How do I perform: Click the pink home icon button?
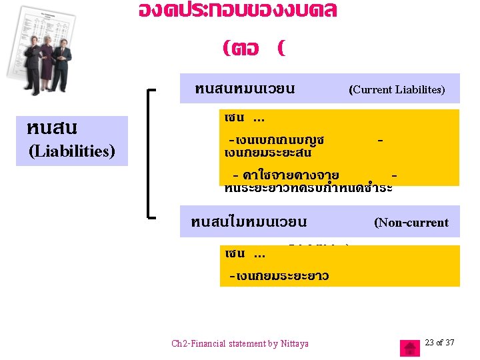[x=409, y=348]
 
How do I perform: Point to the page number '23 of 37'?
[x=439, y=343]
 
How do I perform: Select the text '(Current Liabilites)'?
[x=397, y=89]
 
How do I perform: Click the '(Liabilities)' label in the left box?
[x=72, y=151]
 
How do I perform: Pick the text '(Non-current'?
[x=411, y=223]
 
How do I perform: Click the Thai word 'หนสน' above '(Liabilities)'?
[x=53, y=127]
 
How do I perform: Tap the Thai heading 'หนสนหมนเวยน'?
[x=245, y=89]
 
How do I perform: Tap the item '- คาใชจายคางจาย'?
[x=285, y=175]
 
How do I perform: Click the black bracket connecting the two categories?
[x=151, y=153]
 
